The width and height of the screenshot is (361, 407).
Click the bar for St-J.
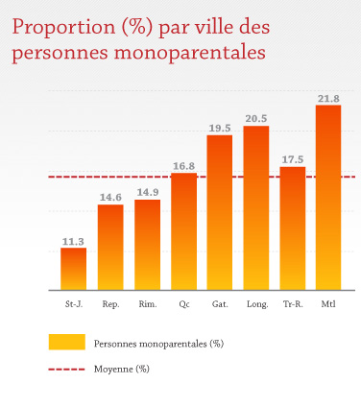[x=74, y=269]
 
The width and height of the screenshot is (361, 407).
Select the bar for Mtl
[x=328, y=197]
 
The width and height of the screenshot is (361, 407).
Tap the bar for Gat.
[x=220, y=212]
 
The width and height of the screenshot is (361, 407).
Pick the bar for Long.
[x=256, y=207]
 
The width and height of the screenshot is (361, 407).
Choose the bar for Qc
[x=183, y=231]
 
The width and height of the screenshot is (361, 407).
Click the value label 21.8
[x=328, y=98]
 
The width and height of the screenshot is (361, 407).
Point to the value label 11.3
[x=74, y=241]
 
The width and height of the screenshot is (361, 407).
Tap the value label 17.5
[x=293, y=159]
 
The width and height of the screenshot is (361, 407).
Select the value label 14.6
[x=110, y=198]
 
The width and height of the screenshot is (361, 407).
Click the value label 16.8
[x=183, y=166]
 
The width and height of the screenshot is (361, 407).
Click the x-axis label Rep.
[x=110, y=304]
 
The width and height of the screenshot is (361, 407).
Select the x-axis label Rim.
[x=147, y=304]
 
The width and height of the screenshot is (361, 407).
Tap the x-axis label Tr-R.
[x=293, y=304]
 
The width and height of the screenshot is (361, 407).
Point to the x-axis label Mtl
[x=328, y=304]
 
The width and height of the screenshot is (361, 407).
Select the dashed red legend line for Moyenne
[x=67, y=368]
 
